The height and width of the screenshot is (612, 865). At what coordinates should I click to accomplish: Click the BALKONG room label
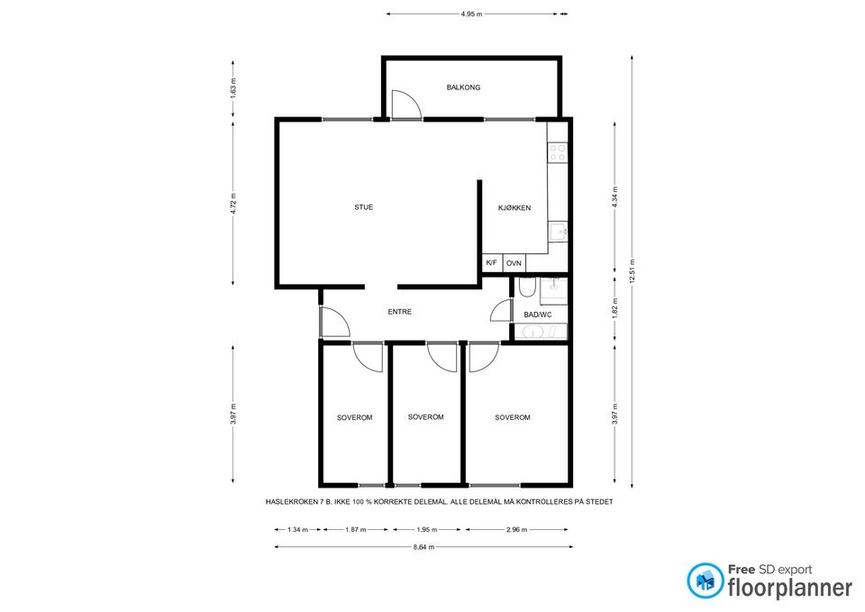click(x=463, y=87)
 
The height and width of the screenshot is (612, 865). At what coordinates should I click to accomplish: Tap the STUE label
click(x=363, y=207)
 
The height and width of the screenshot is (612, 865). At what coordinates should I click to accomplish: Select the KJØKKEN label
click(x=514, y=208)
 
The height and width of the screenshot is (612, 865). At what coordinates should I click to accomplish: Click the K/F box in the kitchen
click(x=492, y=263)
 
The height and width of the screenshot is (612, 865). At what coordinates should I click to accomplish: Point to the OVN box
click(x=514, y=263)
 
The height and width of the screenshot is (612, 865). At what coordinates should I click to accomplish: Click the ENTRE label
click(x=399, y=312)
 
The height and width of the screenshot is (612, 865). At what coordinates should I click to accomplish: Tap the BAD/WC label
click(x=537, y=315)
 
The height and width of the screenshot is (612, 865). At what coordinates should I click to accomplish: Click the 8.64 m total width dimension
click(x=423, y=547)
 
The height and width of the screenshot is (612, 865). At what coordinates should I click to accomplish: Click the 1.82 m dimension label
click(x=615, y=308)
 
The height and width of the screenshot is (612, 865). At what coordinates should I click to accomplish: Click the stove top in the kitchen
click(x=558, y=153)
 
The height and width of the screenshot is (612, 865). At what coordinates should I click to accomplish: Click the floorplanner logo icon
click(x=704, y=580)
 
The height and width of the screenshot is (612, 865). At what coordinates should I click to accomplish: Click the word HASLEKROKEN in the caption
click(x=294, y=501)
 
